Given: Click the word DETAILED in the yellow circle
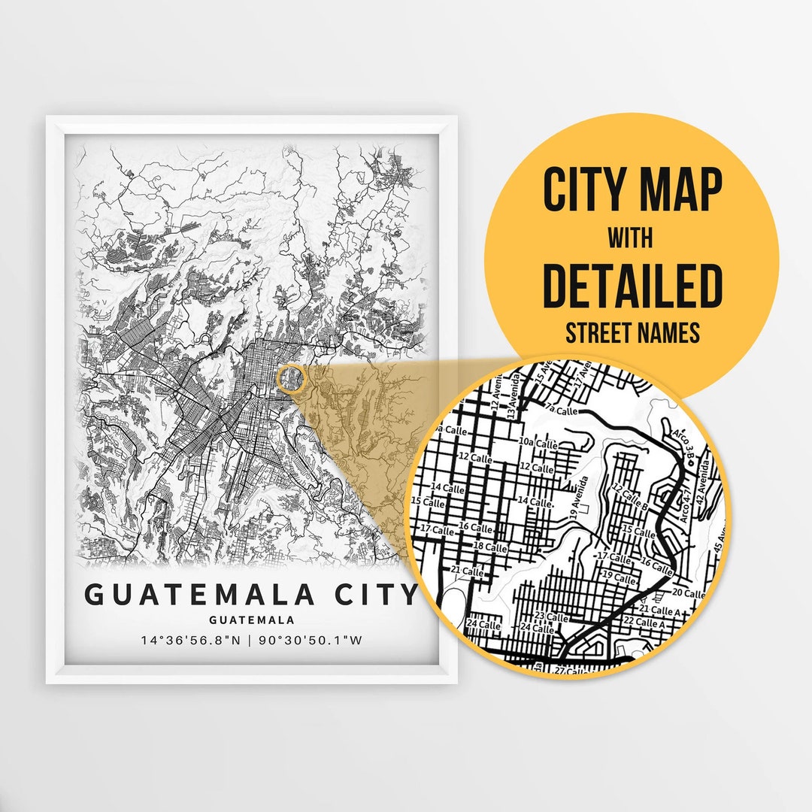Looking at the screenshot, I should pyautogui.click(x=632, y=286).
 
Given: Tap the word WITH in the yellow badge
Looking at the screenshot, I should pyautogui.click(x=631, y=239).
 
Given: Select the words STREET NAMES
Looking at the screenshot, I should pyautogui.click(x=632, y=332).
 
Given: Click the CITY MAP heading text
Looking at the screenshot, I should pyautogui.click(x=632, y=189).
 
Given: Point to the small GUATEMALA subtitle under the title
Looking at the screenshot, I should pyautogui.click(x=252, y=620).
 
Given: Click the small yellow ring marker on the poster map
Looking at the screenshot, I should pyautogui.click(x=290, y=378).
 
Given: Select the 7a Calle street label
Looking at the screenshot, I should pyautogui.click(x=562, y=411).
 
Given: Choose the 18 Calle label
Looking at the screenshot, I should pyautogui.click(x=490, y=547).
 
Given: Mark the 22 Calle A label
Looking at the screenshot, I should pyautogui.click(x=650, y=623).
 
